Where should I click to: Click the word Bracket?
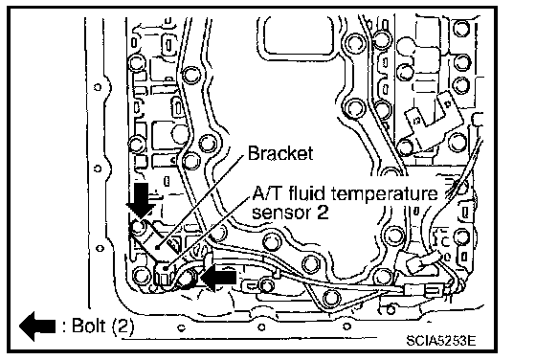[279, 153]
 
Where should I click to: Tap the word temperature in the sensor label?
[385, 193]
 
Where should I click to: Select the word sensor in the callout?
[281, 213]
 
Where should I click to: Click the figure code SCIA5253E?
[440, 340]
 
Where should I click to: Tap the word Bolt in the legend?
[89, 326]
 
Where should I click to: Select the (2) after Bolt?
[123, 326]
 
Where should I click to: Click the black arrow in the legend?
[37, 326]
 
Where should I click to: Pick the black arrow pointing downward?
[140, 201]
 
